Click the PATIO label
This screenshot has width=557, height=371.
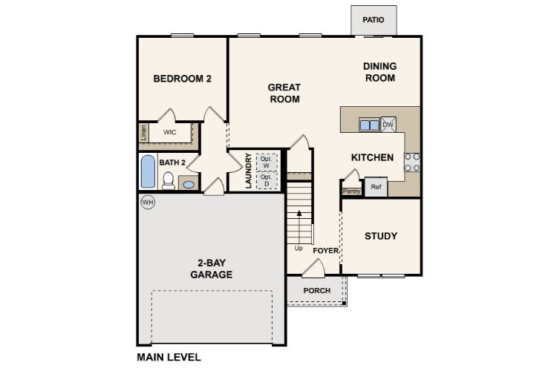click(x=374, y=20)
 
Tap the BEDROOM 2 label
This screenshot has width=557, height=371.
click(x=183, y=79)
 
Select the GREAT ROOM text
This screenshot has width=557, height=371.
click(x=284, y=93)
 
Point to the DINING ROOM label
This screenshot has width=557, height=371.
click(x=379, y=72)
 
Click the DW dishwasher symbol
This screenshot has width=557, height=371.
click(x=388, y=125)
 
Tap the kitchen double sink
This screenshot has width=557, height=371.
click(x=369, y=125)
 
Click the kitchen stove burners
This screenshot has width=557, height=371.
click(x=411, y=162)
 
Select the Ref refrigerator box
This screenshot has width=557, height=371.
click(x=376, y=187)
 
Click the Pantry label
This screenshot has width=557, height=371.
click(x=351, y=191)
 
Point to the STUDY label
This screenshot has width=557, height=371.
click(x=380, y=236)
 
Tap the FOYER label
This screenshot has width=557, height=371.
click(x=325, y=251)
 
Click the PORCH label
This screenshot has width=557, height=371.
click(x=316, y=290)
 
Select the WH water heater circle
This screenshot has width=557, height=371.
click(x=148, y=202)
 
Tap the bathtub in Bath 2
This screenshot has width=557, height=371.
click(x=149, y=171)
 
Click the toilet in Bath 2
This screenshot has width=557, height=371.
click(x=169, y=180)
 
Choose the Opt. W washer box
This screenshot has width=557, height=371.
click(x=266, y=161)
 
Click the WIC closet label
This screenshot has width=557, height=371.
click(x=169, y=132)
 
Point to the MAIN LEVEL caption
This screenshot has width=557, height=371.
click(x=169, y=357)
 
